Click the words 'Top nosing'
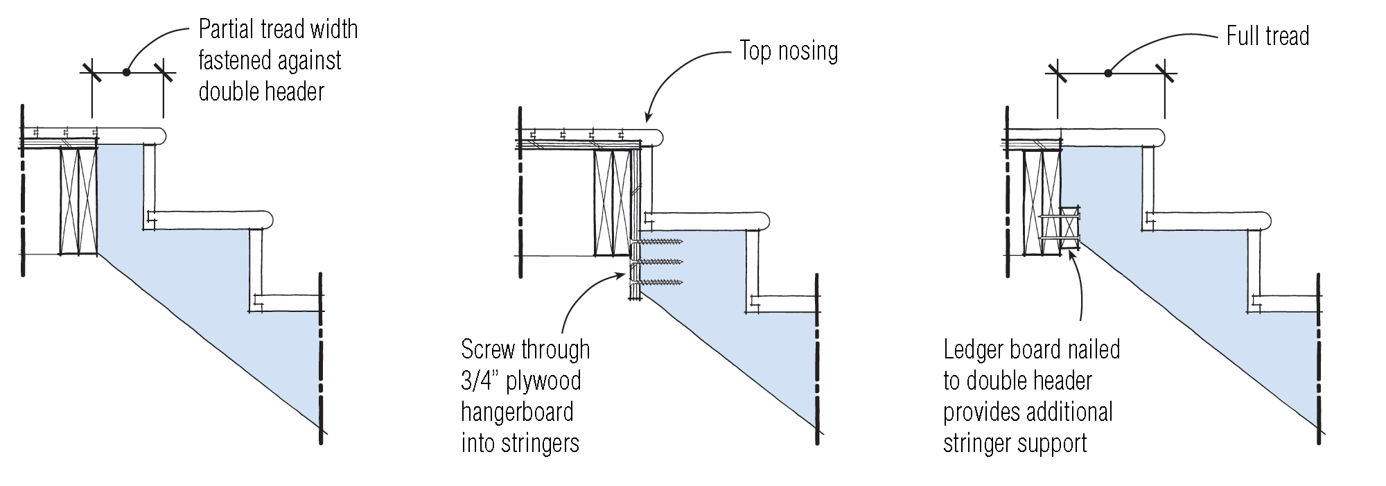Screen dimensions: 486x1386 coord(789,51)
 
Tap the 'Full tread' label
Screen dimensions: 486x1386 coord(1267,36)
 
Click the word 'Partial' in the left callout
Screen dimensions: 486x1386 coord(225,29)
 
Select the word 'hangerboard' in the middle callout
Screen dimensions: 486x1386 coord(517,412)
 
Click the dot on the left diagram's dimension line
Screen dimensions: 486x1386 coord(126,71)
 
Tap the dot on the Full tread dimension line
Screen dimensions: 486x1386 coord(1107,72)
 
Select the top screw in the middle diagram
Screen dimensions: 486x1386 coord(660,242)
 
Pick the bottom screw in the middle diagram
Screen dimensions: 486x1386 coord(660,282)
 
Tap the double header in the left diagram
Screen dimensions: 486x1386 coord(78,201)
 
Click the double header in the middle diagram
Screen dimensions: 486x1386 coord(611,204)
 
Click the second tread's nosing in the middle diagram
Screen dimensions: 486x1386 coord(765,220)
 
